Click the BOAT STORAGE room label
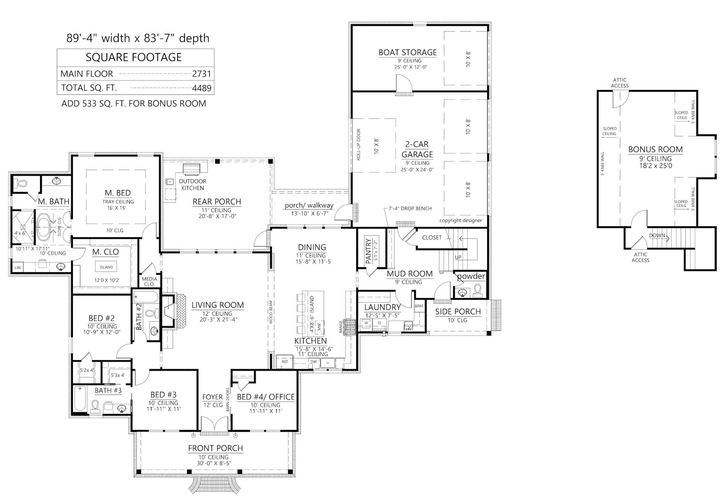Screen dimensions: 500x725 [407, 52]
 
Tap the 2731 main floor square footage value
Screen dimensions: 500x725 [201, 74]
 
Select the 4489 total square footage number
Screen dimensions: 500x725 [201, 88]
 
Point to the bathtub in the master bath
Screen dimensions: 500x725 [44, 225]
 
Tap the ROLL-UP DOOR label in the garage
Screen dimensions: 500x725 [358, 145]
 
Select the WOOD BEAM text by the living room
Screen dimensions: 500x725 [271, 313]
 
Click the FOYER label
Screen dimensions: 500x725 [212, 397]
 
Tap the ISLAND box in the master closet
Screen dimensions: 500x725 [106, 267]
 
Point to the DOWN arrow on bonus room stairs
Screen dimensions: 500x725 [659, 236]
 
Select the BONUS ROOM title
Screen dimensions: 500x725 [655, 149]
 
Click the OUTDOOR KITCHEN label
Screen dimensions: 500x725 [193, 184]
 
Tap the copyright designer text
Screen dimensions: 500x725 [461, 220]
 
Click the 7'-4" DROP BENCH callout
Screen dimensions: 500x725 [410, 209]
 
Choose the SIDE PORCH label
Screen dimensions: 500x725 [458, 312]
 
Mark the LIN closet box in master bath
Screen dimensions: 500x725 [17, 268]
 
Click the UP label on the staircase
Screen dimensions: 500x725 [458, 257]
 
